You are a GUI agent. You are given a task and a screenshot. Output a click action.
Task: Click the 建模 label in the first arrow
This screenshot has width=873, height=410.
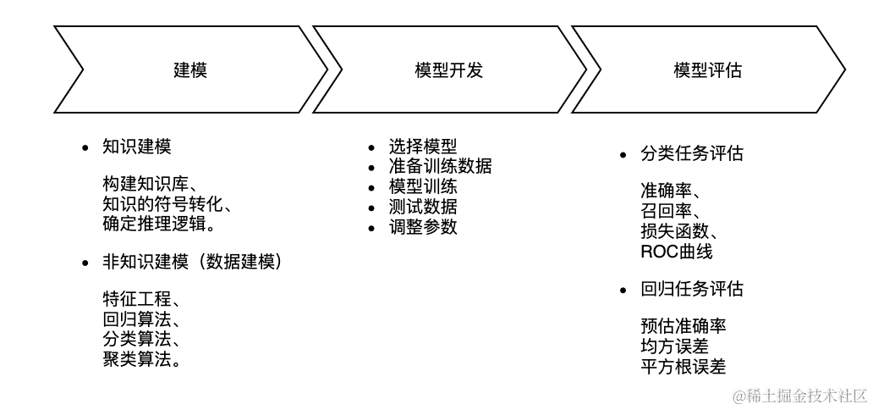(x=189, y=70)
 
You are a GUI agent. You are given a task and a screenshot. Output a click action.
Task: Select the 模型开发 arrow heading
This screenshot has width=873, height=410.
(x=448, y=70)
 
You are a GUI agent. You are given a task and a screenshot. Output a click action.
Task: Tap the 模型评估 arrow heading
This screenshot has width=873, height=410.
(x=707, y=70)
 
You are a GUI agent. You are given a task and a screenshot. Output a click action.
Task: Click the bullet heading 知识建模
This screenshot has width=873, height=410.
(x=136, y=147)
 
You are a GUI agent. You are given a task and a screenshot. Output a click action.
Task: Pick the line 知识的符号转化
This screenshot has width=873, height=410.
(x=166, y=204)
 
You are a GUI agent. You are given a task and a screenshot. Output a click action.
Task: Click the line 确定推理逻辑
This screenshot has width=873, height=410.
(x=157, y=224)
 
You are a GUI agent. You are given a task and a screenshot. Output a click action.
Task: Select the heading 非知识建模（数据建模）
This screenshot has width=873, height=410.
(x=192, y=263)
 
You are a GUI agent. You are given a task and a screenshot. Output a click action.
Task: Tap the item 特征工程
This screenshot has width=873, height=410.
(x=140, y=301)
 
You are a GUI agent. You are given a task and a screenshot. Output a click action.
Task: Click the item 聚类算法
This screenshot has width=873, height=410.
(x=140, y=359)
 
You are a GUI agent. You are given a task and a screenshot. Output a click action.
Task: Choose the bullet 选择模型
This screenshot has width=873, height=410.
(x=422, y=147)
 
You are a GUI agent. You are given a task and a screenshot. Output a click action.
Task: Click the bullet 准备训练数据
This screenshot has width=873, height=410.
(x=440, y=166)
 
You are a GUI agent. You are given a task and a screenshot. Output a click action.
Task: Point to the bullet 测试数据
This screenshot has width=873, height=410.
(x=422, y=206)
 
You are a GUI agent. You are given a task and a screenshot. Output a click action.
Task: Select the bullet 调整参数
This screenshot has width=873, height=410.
(x=422, y=226)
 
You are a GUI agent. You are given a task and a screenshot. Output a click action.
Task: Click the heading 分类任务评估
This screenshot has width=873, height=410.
(x=692, y=154)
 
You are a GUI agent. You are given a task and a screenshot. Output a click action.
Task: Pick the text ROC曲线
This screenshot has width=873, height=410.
(x=676, y=252)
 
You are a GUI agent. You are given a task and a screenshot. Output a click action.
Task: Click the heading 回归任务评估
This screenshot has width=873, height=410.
(x=692, y=290)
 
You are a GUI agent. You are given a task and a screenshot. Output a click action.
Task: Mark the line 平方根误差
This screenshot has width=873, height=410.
(x=683, y=367)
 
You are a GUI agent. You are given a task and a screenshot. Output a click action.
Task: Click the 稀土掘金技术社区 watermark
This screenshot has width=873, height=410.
(x=800, y=396)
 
